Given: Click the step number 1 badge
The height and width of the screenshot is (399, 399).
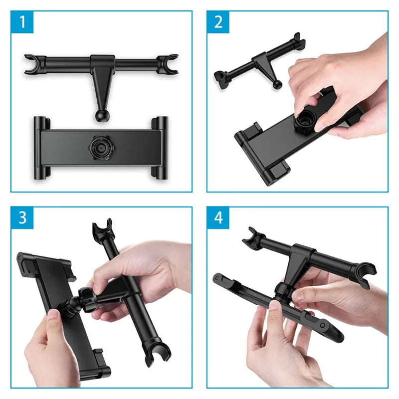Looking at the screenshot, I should click(x=22, y=22).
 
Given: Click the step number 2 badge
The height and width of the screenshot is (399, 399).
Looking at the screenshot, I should click(x=218, y=22).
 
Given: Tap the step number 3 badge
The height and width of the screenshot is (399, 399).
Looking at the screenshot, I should click(x=22, y=218).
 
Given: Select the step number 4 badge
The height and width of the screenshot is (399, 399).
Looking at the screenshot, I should click(x=218, y=218).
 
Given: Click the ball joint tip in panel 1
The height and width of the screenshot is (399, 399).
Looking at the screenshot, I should click(x=101, y=115).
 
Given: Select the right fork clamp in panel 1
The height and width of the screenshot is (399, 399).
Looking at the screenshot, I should click(x=169, y=65).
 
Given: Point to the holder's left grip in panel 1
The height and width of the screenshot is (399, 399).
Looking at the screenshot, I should click(x=42, y=147).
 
